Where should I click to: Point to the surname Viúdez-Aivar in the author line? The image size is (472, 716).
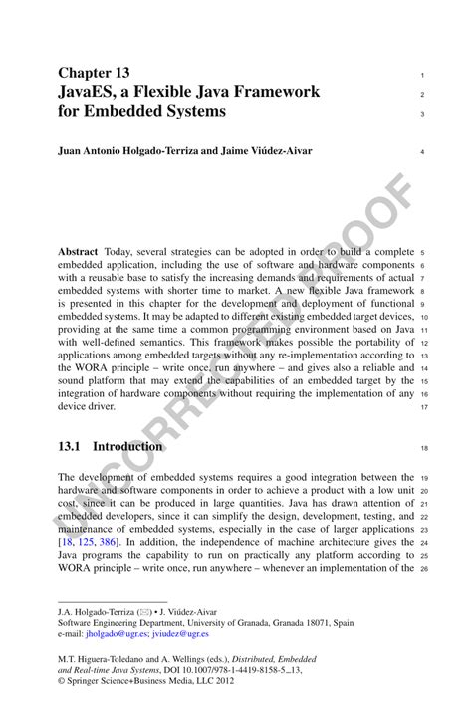point(277,151)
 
